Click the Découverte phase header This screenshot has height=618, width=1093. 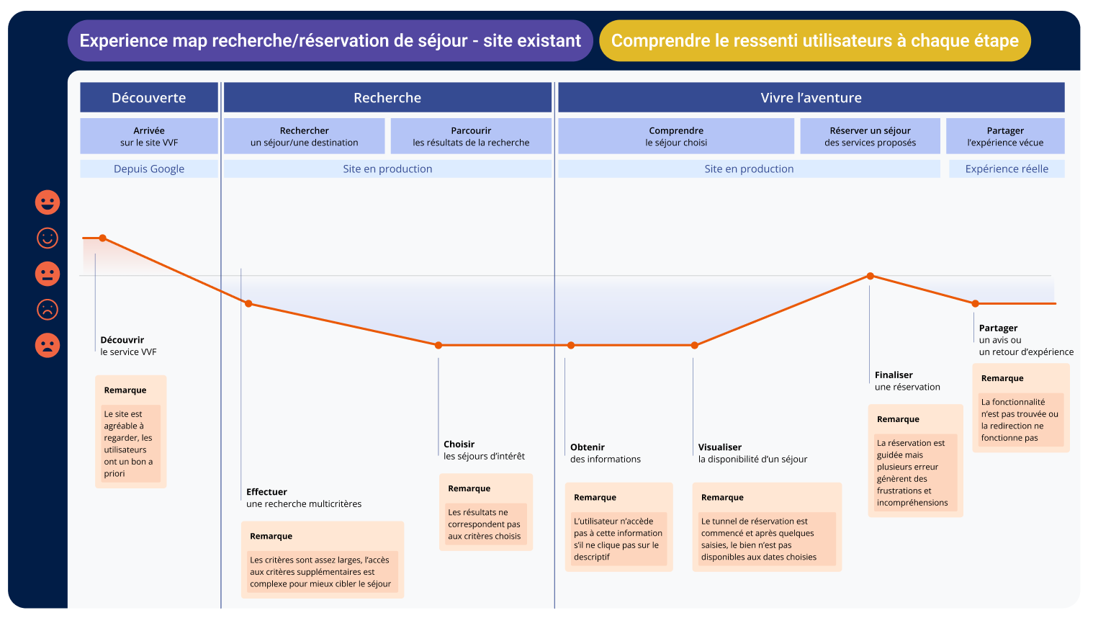coord(149,97)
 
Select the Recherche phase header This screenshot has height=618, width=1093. coord(387,97)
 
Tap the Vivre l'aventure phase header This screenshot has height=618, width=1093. coord(811,97)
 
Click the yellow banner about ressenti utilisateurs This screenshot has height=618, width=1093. coord(814,41)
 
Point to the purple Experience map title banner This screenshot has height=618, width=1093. coord(330,41)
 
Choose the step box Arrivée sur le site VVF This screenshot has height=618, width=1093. coord(149,136)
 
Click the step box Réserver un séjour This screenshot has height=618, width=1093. coord(870,136)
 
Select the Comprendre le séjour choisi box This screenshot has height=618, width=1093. coord(676,136)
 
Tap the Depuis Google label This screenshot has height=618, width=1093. coord(149,169)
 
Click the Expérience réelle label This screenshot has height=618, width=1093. coord(1007,169)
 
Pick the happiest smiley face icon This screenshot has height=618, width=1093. coord(48,202)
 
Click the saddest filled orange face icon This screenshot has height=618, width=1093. coord(48,345)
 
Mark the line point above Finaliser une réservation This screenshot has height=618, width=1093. coord(870,276)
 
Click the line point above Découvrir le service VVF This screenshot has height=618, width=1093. coord(103,238)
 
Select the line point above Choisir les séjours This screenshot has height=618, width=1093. coord(438,345)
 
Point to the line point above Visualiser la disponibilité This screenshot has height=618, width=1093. coord(694,345)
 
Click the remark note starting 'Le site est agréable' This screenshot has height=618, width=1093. coord(130,432)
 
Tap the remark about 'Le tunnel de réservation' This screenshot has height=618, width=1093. coord(767,527)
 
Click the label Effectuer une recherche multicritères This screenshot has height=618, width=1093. coord(303,498)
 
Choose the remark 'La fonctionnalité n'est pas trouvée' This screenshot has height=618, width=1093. coord(1020,408)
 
